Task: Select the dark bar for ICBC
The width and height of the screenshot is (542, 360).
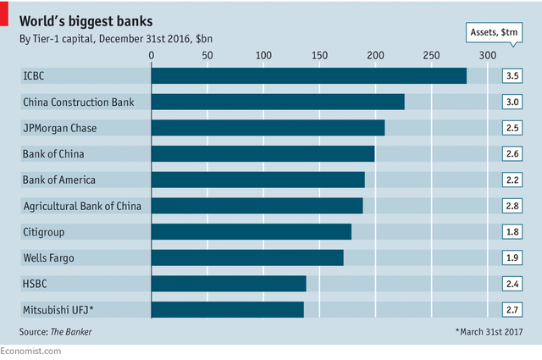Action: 308,76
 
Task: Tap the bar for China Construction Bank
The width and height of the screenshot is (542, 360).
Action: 278,102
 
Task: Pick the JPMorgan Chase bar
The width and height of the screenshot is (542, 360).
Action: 268,128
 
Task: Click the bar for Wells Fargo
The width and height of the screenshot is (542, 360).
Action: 247,257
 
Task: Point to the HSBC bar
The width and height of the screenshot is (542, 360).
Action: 229,283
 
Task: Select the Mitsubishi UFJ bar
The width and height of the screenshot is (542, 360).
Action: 227,309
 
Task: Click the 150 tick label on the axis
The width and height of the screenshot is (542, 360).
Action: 319,55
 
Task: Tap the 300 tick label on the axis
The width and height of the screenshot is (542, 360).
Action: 487,55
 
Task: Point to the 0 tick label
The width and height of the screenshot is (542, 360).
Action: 152,55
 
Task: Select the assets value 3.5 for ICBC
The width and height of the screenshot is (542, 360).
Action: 512,76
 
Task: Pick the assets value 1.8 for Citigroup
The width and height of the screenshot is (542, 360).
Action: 512,231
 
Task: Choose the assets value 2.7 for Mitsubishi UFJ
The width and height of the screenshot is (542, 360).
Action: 512,309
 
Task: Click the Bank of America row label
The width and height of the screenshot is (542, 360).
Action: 59,180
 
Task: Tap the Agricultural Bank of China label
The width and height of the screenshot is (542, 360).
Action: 81,206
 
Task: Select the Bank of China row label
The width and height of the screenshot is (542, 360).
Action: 54,154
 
